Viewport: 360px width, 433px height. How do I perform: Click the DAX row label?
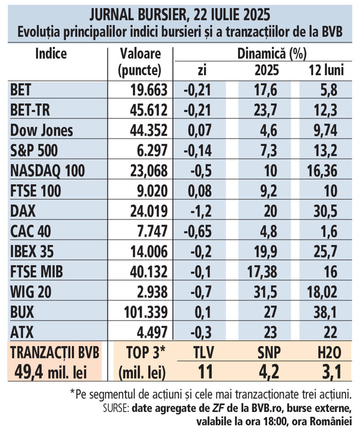point(21,211)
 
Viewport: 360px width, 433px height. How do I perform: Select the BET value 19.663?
point(147,90)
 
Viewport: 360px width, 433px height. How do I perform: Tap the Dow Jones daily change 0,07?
point(197,130)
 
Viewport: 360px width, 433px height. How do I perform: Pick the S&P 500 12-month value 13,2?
point(325,150)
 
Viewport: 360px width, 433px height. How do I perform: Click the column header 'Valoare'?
point(140,54)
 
